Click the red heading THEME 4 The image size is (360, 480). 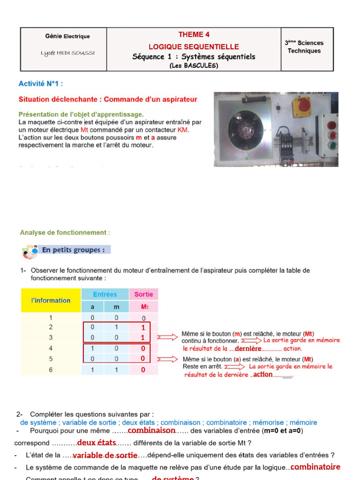pyautogui.click(x=194, y=35)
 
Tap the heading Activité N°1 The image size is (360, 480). pyautogui.click(x=40, y=84)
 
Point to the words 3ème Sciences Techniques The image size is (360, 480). pyautogui.click(x=304, y=46)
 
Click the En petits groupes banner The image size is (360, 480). pyautogui.click(x=73, y=250)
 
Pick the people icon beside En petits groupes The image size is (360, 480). pyautogui.click(x=30, y=252)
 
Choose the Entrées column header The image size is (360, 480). pyautogui.click(x=105, y=294)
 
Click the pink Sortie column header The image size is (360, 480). pyautogui.click(x=144, y=294)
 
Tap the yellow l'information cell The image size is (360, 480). pyautogui.click(x=51, y=300)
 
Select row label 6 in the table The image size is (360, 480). pyautogui.click(x=51, y=370)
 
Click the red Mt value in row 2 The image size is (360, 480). pyautogui.click(x=143, y=328)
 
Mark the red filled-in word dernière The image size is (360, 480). pyautogui.click(x=248, y=349)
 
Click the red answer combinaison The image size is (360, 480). pyautogui.click(x=151, y=430)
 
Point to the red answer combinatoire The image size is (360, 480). pyautogui.click(x=315, y=467)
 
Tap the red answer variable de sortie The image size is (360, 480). pyautogui.click(x=105, y=455)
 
